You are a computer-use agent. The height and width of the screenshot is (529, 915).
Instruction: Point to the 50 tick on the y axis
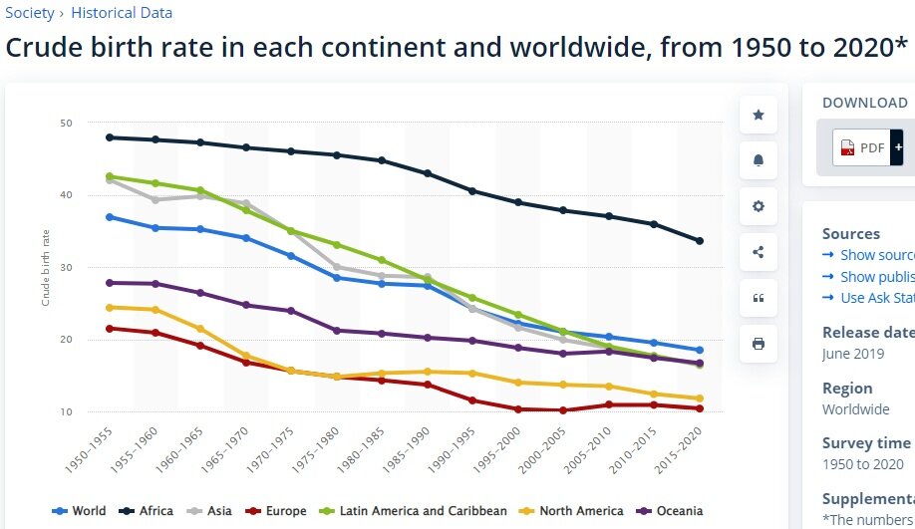click(x=66, y=124)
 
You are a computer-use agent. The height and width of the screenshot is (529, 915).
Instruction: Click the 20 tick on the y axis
click(x=66, y=340)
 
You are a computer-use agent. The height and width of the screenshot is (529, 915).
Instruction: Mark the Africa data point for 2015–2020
click(x=700, y=241)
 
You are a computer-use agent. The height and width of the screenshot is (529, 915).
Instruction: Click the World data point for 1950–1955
click(x=110, y=217)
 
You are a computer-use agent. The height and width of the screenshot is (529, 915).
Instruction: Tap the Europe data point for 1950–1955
click(x=110, y=328)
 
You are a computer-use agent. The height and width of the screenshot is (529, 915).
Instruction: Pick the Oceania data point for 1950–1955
click(x=110, y=283)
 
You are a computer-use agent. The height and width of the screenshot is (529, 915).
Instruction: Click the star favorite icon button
click(x=759, y=116)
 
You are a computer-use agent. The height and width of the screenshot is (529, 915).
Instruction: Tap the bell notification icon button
click(x=759, y=160)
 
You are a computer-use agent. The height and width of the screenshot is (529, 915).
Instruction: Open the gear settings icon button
click(x=759, y=206)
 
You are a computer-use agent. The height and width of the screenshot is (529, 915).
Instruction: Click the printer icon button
click(x=759, y=344)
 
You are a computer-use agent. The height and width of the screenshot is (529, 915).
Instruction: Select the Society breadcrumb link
click(x=30, y=13)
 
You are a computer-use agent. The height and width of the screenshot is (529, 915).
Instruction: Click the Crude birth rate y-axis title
click(x=46, y=267)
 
